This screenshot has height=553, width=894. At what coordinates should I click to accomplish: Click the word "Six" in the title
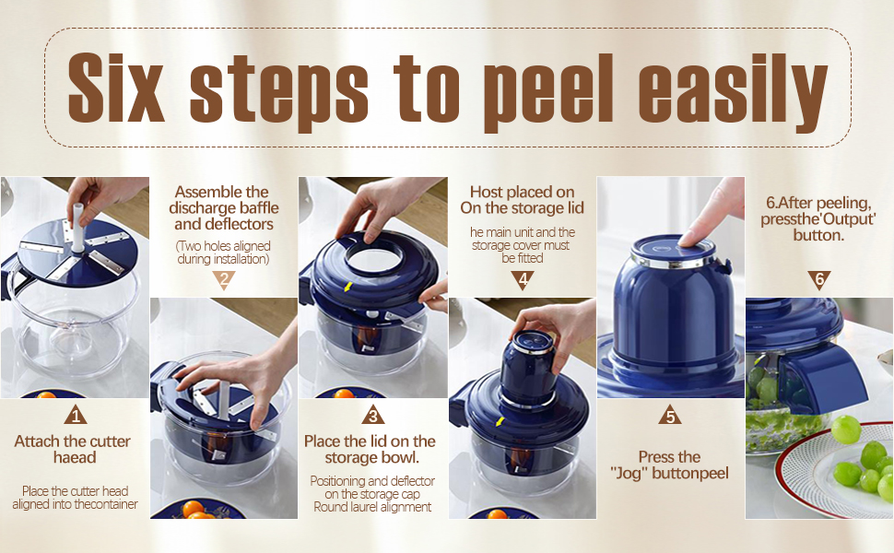click(x=116, y=88)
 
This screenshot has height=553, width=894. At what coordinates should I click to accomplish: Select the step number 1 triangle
click(x=76, y=415)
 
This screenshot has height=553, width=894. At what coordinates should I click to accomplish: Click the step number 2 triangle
click(x=223, y=280)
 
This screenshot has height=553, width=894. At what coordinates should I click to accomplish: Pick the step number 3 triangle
click(x=373, y=415)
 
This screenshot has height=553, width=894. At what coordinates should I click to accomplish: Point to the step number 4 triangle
click(x=523, y=280)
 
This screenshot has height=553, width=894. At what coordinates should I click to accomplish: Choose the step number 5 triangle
click(x=670, y=415)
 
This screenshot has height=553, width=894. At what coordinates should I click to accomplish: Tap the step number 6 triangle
click(x=819, y=280)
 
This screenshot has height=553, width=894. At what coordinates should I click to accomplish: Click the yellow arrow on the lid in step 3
click(x=347, y=287)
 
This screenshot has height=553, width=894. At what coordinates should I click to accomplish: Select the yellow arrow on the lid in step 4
click(x=500, y=422)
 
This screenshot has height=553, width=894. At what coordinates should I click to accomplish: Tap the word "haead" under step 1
click(x=75, y=457)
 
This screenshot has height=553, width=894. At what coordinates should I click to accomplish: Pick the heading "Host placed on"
click(x=522, y=192)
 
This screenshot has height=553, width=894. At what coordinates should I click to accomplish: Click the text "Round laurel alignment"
click(x=372, y=507)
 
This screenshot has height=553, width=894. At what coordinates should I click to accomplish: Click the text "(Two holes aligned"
click(x=223, y=246)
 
